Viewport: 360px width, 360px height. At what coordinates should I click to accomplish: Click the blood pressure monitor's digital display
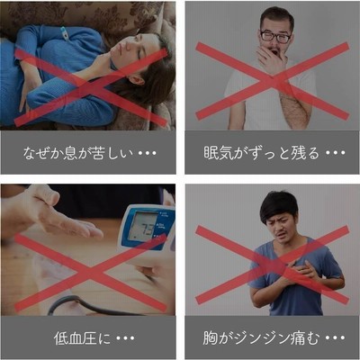(145, 227)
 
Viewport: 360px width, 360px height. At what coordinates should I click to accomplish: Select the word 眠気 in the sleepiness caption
(219, 152)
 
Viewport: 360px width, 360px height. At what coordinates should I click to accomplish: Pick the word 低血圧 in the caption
(76, 338)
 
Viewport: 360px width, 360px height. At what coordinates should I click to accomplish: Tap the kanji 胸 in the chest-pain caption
(210, 337)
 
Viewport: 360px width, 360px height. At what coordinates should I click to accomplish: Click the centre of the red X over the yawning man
(273, 81)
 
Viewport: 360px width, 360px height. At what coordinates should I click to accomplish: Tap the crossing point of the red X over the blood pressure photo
(90, 273)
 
